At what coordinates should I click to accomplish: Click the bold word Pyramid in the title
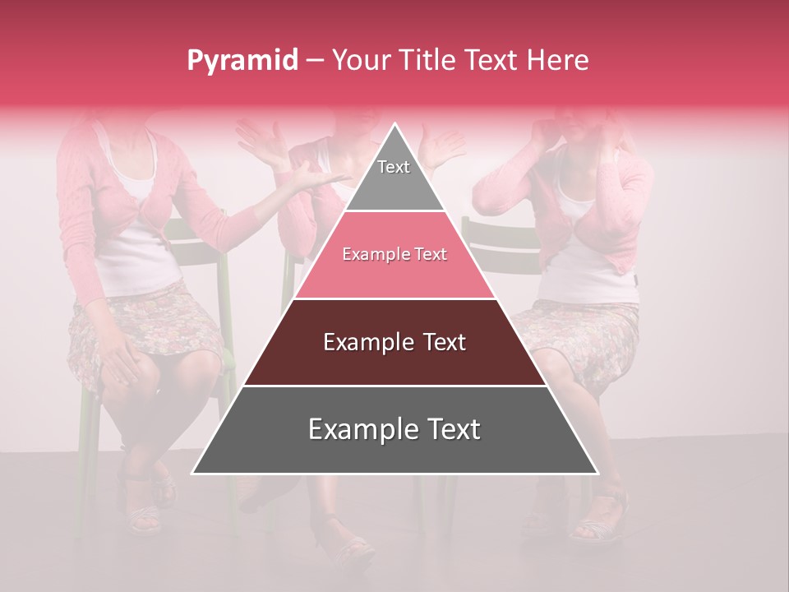pyautogui.click(x=242, y=61)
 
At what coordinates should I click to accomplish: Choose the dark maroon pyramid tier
pyautogui.click(x=394, y=343)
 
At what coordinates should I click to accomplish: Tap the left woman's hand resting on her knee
pyautogui.click(x=123, y=362)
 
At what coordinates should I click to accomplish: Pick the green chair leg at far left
pyautogui.click(x=84, y=460)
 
